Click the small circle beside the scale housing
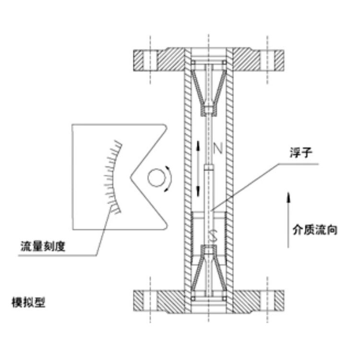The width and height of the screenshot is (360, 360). click(x=155, y=179)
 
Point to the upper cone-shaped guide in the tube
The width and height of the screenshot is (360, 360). click(x=210, y=89)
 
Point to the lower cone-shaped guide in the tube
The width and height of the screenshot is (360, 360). click(x=210, y=271)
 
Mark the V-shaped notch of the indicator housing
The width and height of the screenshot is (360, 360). click(x=139, y=178)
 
